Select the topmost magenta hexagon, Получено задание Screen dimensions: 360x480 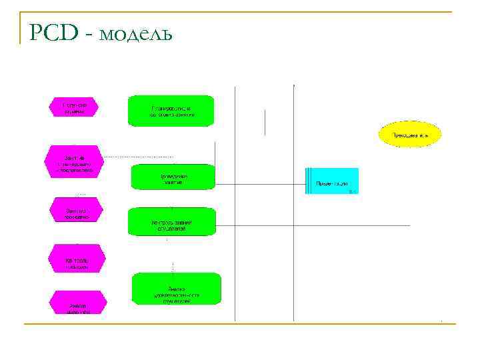coord(74,107)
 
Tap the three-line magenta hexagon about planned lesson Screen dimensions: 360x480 coord(74,161)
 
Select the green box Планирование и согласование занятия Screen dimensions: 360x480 coord(172,111)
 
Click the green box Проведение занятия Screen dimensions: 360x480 coord(172,177)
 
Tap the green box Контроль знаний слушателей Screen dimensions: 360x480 coord(172,222)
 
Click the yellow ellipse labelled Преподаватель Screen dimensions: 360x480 coord(410,135)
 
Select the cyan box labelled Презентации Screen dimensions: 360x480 coord(331,181)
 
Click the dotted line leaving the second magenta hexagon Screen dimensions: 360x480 coord(127,157)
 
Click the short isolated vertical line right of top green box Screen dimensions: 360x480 coord(265,122)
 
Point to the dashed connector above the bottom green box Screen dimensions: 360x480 coord(173,266)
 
